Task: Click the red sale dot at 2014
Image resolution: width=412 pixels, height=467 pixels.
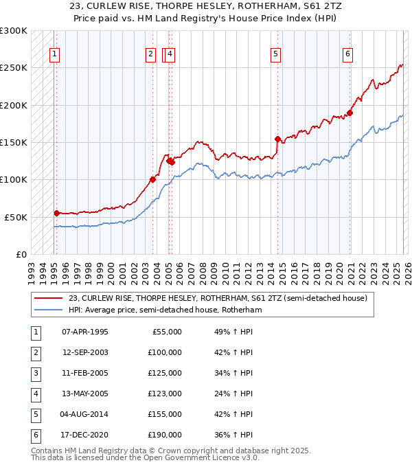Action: click(277, 139)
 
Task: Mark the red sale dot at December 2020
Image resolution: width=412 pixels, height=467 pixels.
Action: click(350, 113)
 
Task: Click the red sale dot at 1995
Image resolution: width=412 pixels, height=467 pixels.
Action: click(56, 213)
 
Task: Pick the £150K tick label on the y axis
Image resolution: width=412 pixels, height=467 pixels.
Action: click(14, 143)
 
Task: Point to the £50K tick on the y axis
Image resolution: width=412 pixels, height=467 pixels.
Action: click(16, 217)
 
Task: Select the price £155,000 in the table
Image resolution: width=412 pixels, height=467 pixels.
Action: click(164, 414)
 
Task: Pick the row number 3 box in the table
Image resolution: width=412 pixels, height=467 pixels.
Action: click(34, 373)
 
